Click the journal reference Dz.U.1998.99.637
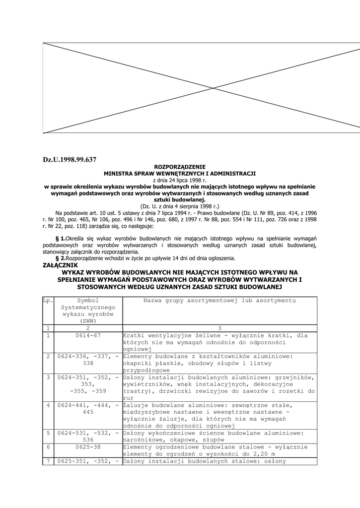(70, 159)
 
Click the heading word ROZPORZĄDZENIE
(180, 167)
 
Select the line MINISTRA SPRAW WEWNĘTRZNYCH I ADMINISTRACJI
(180, 174)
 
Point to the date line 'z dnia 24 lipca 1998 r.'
(180, 180)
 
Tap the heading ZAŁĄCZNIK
(61, 265)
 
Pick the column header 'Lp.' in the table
(48, 301)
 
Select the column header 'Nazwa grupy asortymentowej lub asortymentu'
(219, 301)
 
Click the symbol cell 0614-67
(88, 336)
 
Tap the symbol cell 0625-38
(88, 447)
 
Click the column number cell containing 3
(219, 328)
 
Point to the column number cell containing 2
(88, 328)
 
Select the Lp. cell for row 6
(48, 447)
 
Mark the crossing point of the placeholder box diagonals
(214, 88)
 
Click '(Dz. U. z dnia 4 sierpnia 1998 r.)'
(180, 205)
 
